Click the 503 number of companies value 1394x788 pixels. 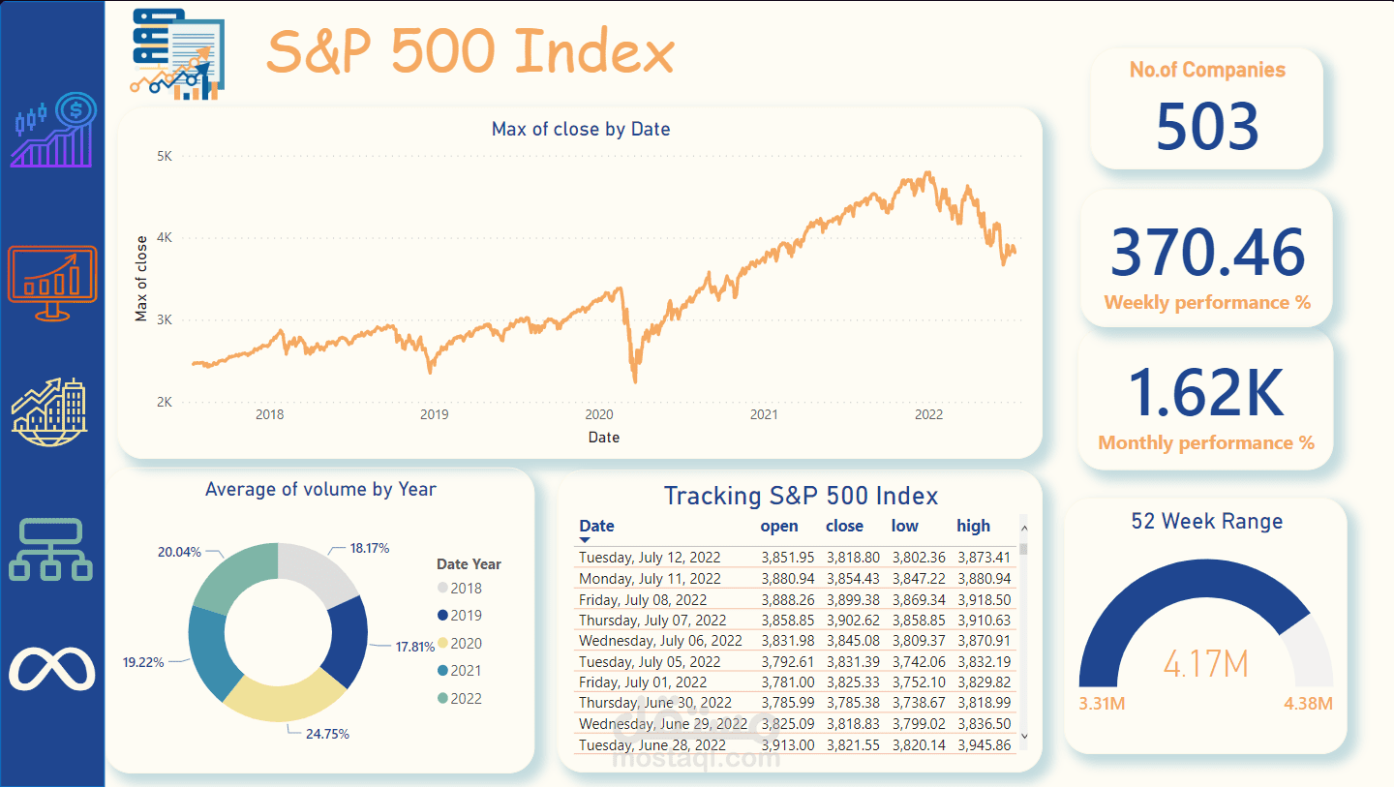pyautogui.click(x=1207, y=127)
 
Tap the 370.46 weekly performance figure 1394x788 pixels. pyautogui.click(x=1207, y=252)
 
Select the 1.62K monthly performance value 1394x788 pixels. pyautogui.click(x=1206, y=392)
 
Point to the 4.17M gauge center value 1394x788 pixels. pyautogui.click(x=1205, y=665)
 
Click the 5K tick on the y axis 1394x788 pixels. pyautogui.click(x=164, y=155)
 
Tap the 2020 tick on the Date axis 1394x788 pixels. pyautogui.click(x=599, y=414)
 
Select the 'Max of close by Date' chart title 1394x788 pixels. pyautogui.click(x=581, y=129)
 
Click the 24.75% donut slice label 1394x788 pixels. pyautogui.click(x=327, y=734)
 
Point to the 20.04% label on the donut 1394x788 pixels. pyautogui.click(x=179, y=552)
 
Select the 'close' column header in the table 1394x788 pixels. pyautogui.click(x=844, y=526)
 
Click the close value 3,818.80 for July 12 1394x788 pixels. pyautogui.click(x=852, y=557)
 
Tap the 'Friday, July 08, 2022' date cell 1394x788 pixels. pyautogui.click(x=643, y=600)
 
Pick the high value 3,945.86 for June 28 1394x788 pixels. pyautogui.click(x=984, y=744)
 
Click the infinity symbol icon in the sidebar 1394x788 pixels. pyautogui.click(x=52, y=668)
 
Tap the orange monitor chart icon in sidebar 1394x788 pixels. pyautogui.click(x=52, y=281)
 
